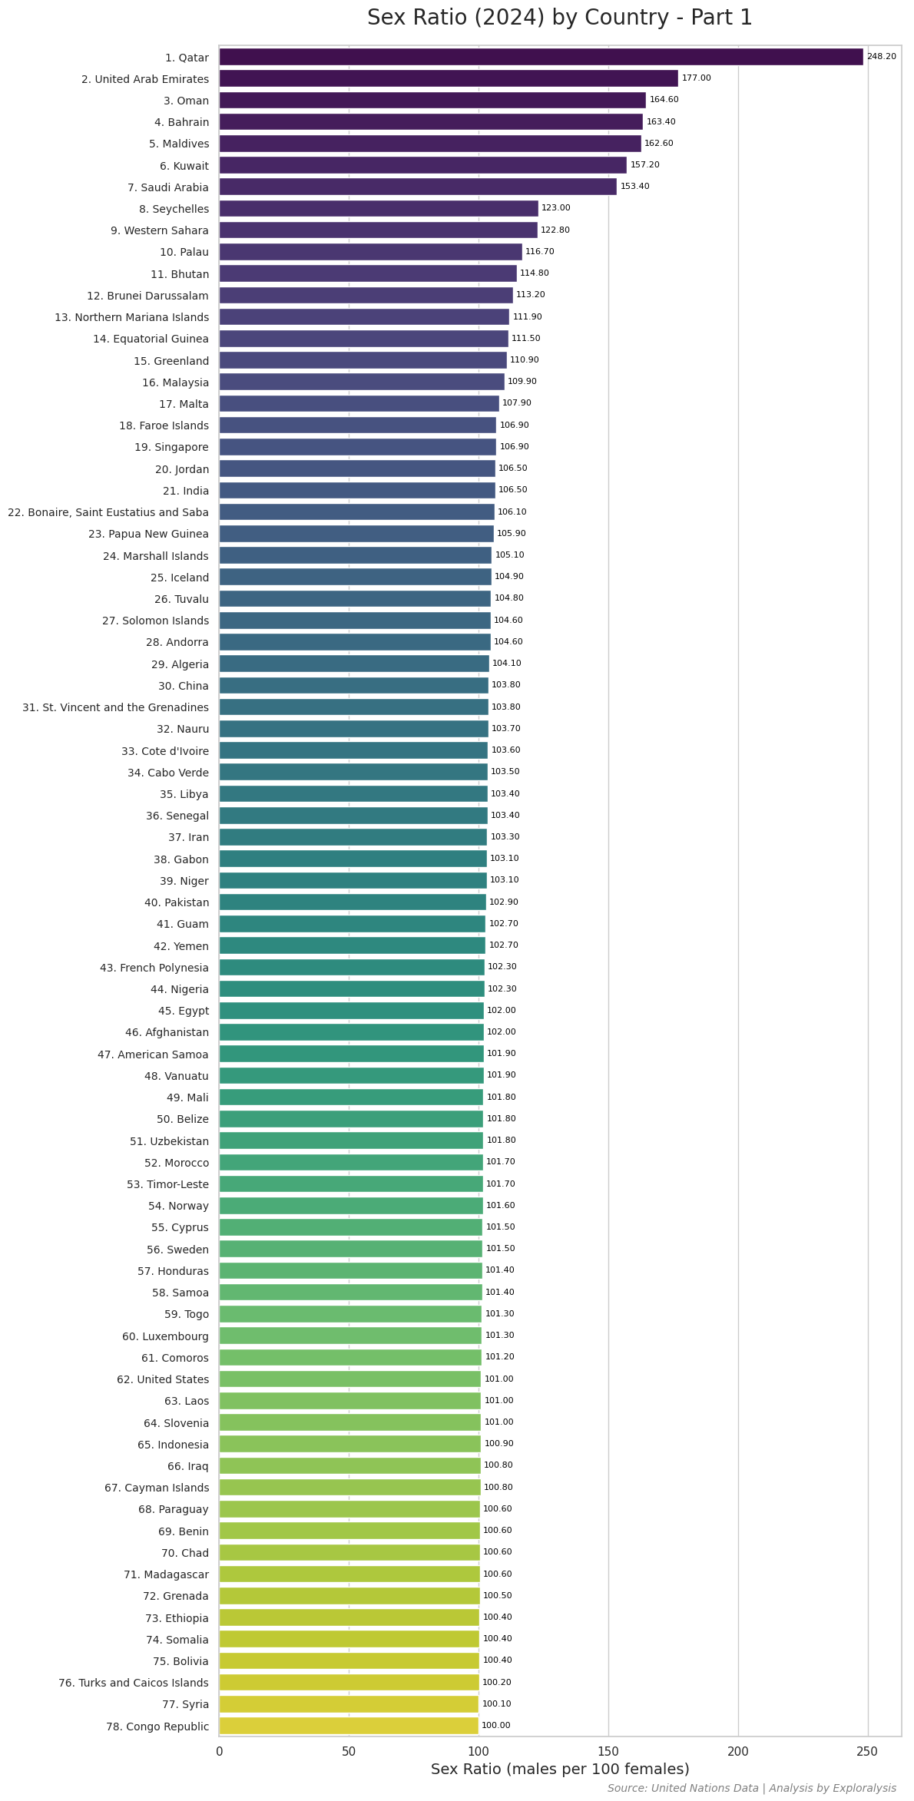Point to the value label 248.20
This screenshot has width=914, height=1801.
coord(881,57)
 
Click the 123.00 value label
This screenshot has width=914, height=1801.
coord(555,208)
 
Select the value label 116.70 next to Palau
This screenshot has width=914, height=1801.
coord(539,252)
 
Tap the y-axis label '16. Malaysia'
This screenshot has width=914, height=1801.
coord(175,382)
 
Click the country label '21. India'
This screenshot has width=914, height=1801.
coord(185,491)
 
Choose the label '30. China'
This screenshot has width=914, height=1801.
coord(183,686)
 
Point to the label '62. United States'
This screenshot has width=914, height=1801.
coord(162,1379)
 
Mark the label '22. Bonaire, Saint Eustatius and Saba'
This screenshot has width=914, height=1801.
coord(108,512)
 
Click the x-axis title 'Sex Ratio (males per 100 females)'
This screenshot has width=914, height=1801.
coord(560,1770)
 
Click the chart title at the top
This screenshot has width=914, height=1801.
coord(560,18)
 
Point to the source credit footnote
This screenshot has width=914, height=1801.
coord(751,1789)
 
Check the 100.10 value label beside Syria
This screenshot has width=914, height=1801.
coord(496,1704)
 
